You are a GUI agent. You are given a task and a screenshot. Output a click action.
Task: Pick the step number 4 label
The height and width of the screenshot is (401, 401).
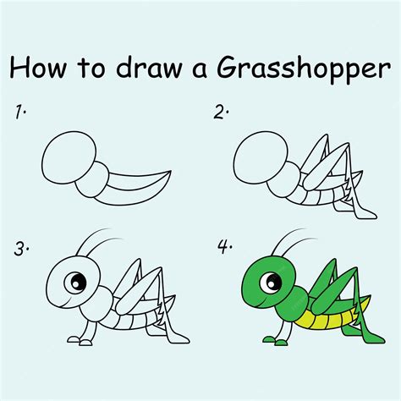[x=224, y=248]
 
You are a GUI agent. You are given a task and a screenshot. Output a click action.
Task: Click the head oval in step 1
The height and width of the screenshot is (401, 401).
[x=65, y=157]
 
